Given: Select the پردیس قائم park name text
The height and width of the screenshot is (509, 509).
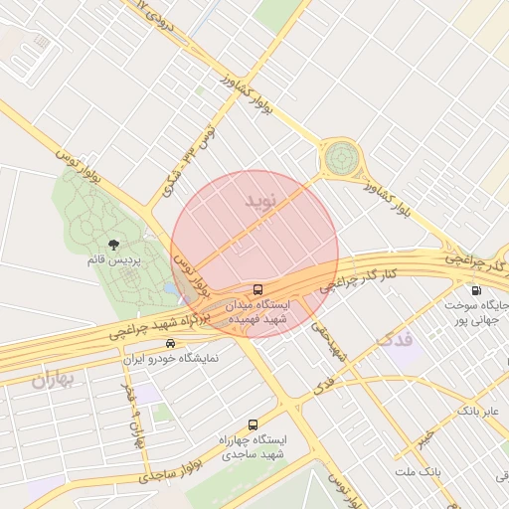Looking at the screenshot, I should (111, 259).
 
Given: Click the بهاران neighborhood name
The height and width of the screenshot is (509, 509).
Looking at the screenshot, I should (54, 378).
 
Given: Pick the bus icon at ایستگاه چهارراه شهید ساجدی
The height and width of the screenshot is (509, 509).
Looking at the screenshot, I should (252, 424).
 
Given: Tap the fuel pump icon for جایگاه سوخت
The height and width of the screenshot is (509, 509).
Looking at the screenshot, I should (476, 291).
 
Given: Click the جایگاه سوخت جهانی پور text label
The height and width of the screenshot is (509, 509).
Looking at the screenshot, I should (476, 312).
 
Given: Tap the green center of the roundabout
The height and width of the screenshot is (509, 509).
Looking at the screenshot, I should (341, 157).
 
